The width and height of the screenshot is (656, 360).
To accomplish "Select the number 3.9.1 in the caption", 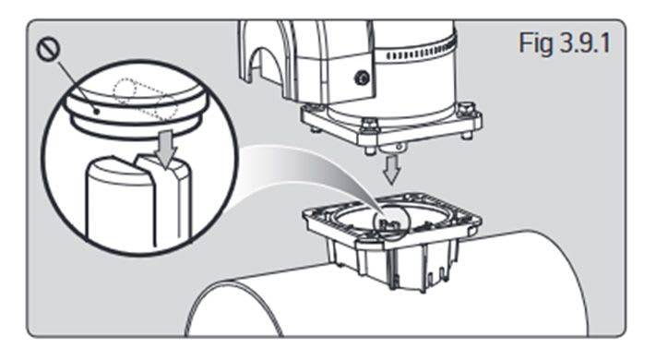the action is (x=586, y=42).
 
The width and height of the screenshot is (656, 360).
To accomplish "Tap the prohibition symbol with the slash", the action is (x=48, y=49).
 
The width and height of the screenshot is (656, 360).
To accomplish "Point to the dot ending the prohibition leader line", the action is (x=97, y=112).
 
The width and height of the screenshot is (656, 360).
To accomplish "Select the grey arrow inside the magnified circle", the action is (x=167, y=149).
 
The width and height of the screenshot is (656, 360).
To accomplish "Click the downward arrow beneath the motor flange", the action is (x=392, y=170).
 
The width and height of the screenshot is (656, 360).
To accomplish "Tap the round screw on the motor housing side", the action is (x=362, y=78).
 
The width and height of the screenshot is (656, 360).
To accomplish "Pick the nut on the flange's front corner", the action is (x=370, y=126).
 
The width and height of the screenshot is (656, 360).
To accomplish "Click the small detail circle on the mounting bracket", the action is (x=390, y=224).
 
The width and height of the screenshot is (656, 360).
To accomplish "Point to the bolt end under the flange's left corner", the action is (x=316, y=129).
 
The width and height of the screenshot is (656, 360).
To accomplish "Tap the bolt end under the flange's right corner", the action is (x=467, y=135).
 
